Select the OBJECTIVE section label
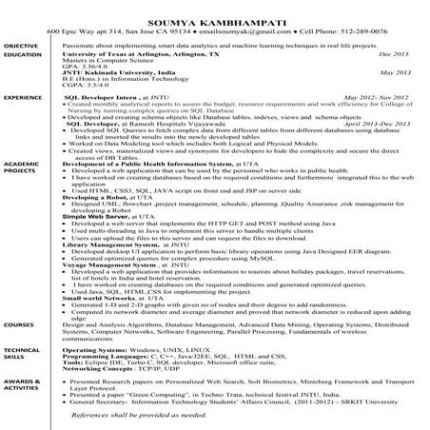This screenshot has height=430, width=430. tap(20, 46)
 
